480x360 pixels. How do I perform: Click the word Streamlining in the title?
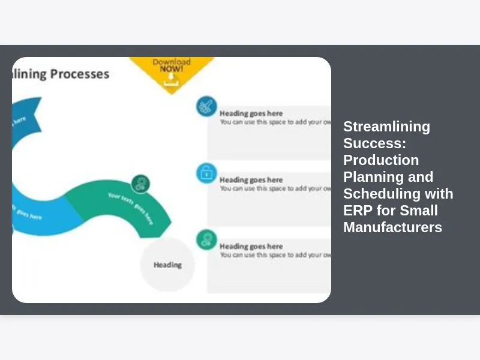click(386, 127)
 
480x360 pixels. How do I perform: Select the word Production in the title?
click(381, 160)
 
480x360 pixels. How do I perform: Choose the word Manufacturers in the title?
click(392, 227)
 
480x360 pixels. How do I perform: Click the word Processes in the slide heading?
click(80, 74)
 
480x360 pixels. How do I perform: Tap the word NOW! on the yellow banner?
click(172, 69)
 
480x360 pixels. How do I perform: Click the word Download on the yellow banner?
click(172, 62)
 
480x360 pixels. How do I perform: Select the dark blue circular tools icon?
click(206, 107)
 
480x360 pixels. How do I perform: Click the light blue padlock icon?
click(206, 173)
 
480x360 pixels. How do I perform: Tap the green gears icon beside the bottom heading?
click(206, 240)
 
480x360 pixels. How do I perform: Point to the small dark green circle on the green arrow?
click(140, 184)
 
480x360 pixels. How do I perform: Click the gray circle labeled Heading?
click(167, 265)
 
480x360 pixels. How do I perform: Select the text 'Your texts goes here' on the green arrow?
click(131, 207)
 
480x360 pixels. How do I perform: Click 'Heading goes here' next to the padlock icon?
click(251, 180)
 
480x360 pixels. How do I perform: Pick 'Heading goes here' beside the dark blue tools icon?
click(251, 113)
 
